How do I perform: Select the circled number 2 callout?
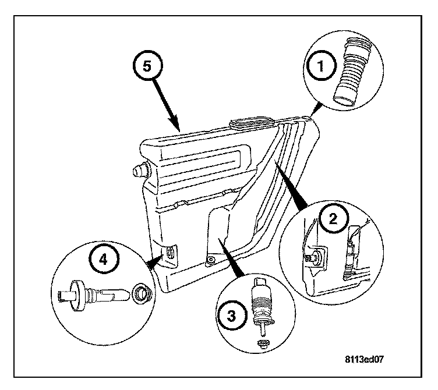point(333,218)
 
